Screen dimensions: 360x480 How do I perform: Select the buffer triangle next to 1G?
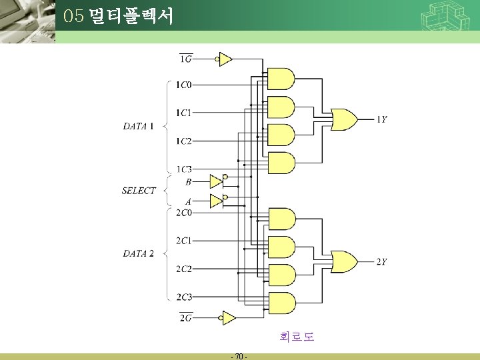tap(225, 60)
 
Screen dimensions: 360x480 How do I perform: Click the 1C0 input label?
tap(183, 85)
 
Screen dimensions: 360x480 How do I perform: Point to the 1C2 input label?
tap(183, 141)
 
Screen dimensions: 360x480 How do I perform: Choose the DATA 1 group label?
tap(138, 126)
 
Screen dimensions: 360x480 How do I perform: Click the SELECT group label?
tap(139, 191)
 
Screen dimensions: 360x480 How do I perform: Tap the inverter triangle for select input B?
tap(215, 181)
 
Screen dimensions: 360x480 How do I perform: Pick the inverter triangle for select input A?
tap(215, 201)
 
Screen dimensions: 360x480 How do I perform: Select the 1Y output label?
tap(382, 119)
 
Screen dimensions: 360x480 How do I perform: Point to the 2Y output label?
tap(382, 262)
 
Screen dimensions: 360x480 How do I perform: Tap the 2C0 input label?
tap(183, 213)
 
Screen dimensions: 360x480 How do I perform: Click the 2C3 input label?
tap(183, 297)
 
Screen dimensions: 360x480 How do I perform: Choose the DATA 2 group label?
tap(138, 253)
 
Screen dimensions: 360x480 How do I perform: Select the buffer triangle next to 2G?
tap(228, 318)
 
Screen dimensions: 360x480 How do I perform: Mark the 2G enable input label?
tap(186, 317)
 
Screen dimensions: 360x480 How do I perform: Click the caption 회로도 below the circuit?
tap(297, 337)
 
